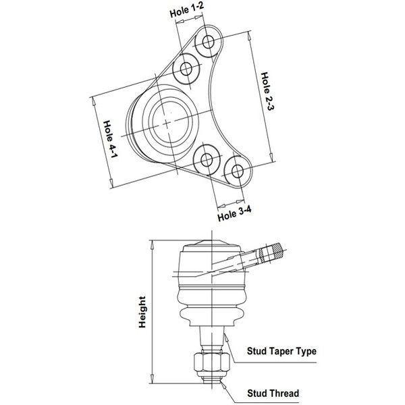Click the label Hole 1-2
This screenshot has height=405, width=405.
point(187,10)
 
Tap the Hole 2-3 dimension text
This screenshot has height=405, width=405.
point(267,91)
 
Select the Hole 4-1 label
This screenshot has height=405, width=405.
point(111,139)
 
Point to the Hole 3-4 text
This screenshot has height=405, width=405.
point(234,213)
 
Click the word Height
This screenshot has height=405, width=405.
point(142,312)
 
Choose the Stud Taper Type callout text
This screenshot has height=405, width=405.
point(281,351)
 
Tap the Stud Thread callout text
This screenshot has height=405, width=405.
point(273,394)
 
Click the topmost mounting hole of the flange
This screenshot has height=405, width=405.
point(208,42)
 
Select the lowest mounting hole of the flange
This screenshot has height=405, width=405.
point(238,171)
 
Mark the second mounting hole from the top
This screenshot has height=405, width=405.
point(186,69)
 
